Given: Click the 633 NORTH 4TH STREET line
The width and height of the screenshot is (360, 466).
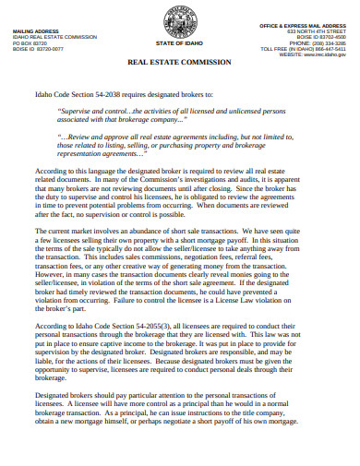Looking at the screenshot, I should pyautogui.click(x=318, y=31).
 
